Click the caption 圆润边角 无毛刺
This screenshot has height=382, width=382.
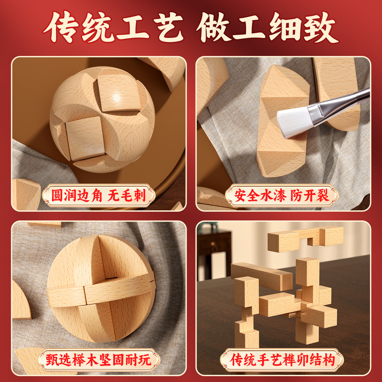98,196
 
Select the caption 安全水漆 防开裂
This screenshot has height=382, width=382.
281,196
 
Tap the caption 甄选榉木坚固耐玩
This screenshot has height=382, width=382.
98,360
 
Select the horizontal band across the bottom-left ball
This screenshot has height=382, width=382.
101,290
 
